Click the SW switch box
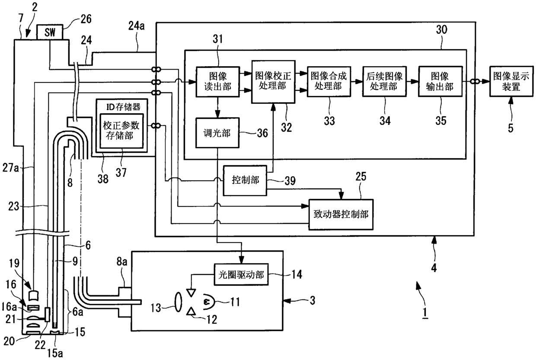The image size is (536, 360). point(50,32)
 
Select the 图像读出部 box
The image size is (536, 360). point(218,82)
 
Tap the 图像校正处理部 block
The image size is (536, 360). point(273,82)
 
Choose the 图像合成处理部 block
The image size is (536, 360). point(329,82)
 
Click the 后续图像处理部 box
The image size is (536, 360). point(384,82)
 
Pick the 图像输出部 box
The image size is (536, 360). point(440,82)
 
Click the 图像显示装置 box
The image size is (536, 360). point(511,81)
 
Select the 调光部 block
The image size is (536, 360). point(217,133)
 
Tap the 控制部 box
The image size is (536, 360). point(245,180)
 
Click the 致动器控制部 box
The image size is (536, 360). point(341,214)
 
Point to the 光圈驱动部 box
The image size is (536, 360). point(241,274)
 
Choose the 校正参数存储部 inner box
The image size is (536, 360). point(121,131)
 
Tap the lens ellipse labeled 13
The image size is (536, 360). point(178,302)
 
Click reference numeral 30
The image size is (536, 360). point(441,30)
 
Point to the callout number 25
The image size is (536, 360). point(361,176)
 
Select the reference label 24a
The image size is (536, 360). point(137,26)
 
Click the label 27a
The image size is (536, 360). point(10,168)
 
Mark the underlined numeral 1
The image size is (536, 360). point(425,312)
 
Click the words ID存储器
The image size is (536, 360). point(123,107)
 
